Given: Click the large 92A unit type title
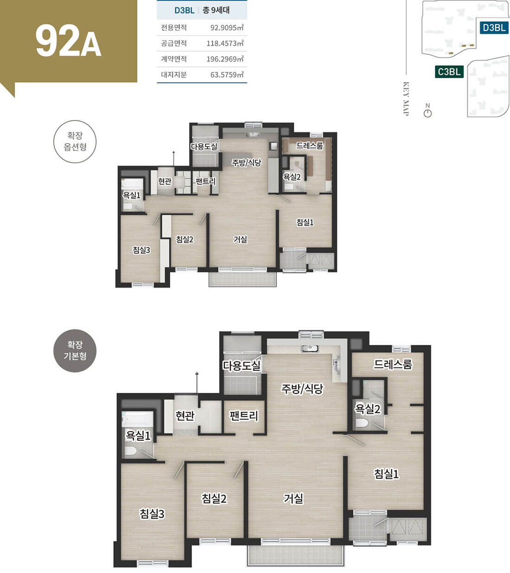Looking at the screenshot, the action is click(x=68, y=41).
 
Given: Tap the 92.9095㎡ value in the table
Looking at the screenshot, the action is click(x=227, y=28).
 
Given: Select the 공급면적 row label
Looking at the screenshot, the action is click(x=173, y=43).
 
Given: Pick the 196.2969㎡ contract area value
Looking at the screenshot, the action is click(x=225, y=59).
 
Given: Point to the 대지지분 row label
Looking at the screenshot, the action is click(x=173, y=75).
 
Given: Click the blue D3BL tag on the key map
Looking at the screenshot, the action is click(x=494, y=28).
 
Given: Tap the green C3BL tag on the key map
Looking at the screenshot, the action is click(x=449, y=72).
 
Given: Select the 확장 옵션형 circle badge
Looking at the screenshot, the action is click(x=75, y=142).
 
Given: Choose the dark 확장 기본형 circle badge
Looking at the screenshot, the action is click(x=75, y=351).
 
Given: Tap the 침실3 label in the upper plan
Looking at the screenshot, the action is click(x=141, y=250).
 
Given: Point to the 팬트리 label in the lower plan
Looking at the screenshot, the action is click(x=244, y=416).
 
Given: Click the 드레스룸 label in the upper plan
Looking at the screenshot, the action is click(x=309, y=145).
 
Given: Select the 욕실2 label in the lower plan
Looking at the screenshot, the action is click(x=368, y=409).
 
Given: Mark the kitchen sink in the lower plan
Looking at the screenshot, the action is click(x=310, y=348).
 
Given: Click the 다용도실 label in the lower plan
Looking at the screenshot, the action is click(x=242, y=366).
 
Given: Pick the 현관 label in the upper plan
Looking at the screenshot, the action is click(x=165, y=181).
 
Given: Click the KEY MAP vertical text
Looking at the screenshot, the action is click(x=406, y=98).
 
